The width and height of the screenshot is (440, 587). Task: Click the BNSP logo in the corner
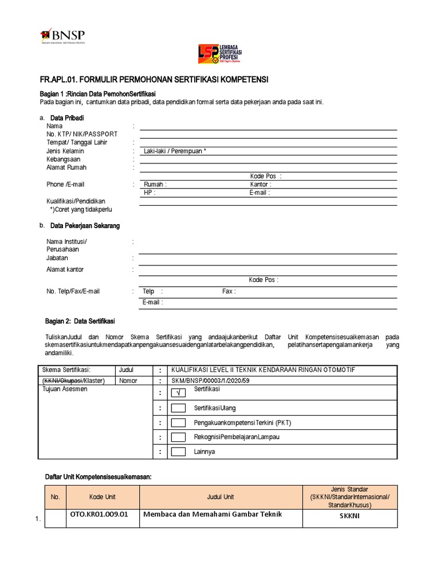tap(64, 36)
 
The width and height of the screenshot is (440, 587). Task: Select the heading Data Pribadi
tap(67, 118)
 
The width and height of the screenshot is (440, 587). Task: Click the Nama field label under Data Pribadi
tap(54, 126)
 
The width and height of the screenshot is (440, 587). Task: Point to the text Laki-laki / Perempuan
tap(174, 151)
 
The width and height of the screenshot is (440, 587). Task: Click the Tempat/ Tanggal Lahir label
tap(77, 143)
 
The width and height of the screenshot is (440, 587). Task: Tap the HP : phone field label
tap(149, 193)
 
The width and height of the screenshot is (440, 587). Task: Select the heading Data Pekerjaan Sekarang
tap(85, 226)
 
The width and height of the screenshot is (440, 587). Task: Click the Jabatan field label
tap(57, 259)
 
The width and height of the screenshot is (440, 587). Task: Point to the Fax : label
tap(229, 291)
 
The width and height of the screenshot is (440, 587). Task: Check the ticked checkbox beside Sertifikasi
tap(179, 393)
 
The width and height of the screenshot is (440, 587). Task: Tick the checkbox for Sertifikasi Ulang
tap(179, 408)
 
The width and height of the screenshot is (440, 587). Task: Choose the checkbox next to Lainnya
tap(179, 452)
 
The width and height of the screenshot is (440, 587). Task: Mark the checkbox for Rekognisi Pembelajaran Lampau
tap(179, 437)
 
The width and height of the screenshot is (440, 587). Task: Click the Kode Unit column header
tap(103, 497)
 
